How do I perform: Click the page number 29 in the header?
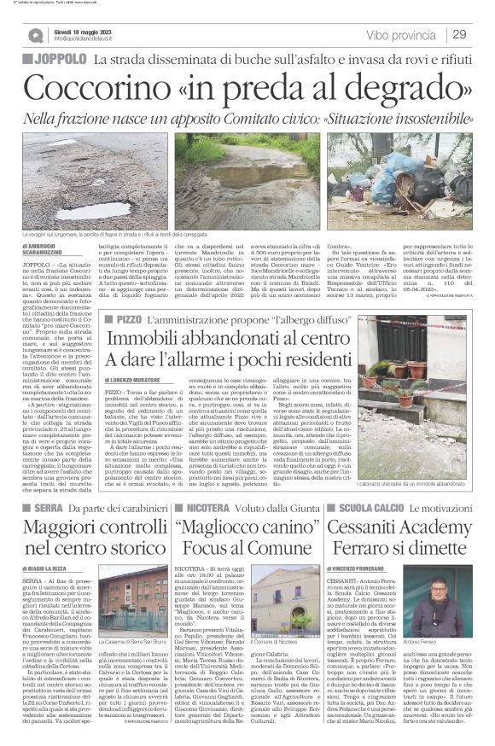pos(459,34)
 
